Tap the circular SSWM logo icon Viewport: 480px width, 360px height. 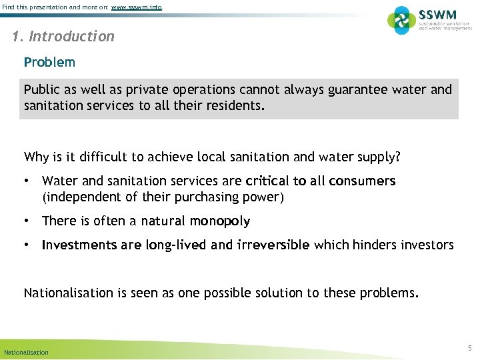(x=402, y=20)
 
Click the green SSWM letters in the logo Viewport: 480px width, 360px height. (x=437, y=15)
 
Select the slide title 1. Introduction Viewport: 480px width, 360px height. (x=63, y=37)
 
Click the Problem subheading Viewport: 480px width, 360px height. (x=49, y=63)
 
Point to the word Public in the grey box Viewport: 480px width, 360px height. (x=41, y=89)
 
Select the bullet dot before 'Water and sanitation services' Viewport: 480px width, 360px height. (x=27, y=181)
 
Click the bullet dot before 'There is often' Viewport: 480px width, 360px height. (x=27, y=221)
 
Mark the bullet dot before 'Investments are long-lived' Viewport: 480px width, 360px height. (x=27, y=245)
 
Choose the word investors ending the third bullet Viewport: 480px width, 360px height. (x=426, y=245)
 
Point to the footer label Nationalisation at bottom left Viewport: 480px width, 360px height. (x=26, y=352)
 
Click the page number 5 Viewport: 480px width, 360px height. (x=469, y=348)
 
